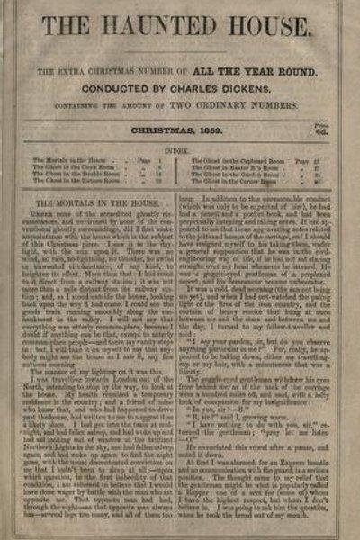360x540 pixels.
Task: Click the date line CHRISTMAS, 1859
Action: pos(181,130)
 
